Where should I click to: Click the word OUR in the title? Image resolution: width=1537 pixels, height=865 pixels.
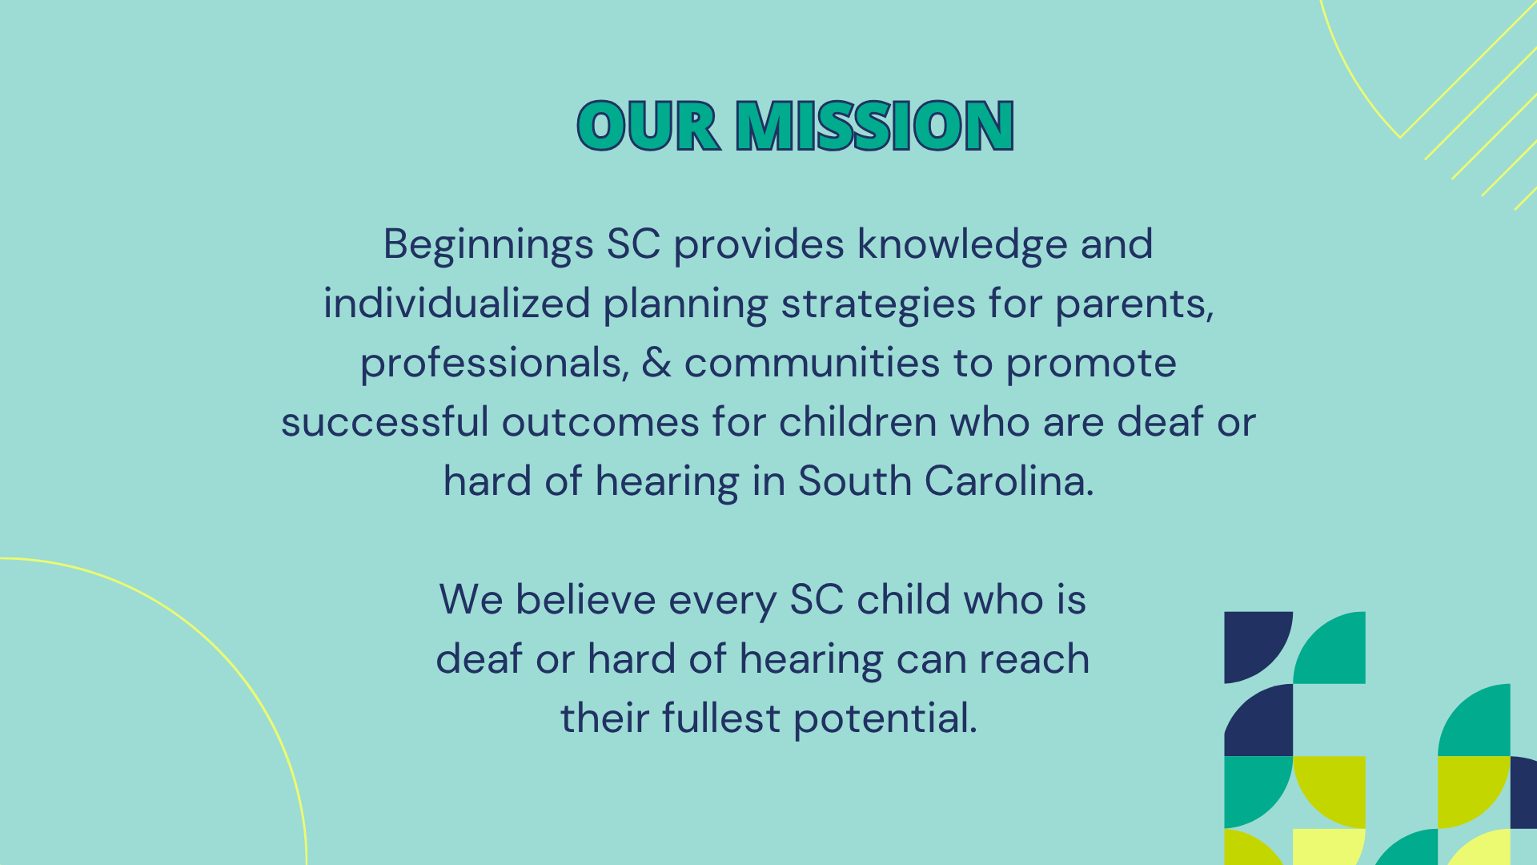648,126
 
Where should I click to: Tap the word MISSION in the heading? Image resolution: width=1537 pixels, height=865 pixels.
875,126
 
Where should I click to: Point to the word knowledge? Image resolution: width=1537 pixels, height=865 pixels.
962,245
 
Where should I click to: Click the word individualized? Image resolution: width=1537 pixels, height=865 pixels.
457,304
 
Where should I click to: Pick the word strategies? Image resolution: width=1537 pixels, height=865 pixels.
878,305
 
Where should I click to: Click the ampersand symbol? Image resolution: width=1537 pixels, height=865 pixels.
656,363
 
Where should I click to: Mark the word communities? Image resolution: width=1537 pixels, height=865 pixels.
812,364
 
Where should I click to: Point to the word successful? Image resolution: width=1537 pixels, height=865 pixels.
385,422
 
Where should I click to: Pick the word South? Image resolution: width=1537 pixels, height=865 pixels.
855,481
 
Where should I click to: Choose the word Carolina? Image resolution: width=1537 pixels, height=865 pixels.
1009,481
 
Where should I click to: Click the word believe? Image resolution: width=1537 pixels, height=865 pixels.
586,599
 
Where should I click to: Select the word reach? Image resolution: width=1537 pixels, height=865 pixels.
1034,659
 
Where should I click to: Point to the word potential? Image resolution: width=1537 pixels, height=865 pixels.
885,719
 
